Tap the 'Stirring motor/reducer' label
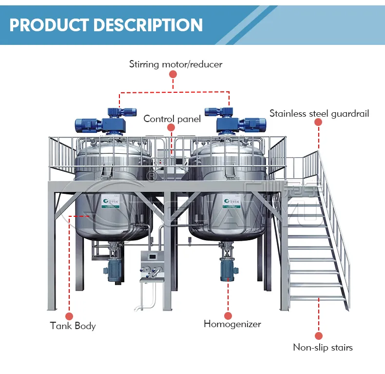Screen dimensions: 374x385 175,63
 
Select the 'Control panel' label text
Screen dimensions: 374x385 172,119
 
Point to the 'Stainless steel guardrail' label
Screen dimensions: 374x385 319,113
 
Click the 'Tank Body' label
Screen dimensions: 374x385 73,325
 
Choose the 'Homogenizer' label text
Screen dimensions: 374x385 232,324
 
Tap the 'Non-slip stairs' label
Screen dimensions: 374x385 323,348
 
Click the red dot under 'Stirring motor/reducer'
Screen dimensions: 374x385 173,74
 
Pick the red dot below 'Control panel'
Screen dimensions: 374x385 171,128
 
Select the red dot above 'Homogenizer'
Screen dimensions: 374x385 228,315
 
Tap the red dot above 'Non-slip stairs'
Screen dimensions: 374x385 319,336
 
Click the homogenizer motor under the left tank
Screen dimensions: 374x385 114,269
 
